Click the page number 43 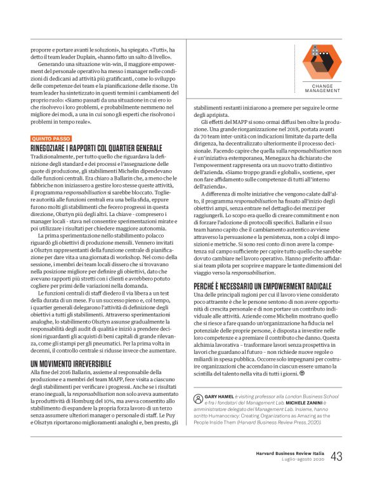(336, 455)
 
